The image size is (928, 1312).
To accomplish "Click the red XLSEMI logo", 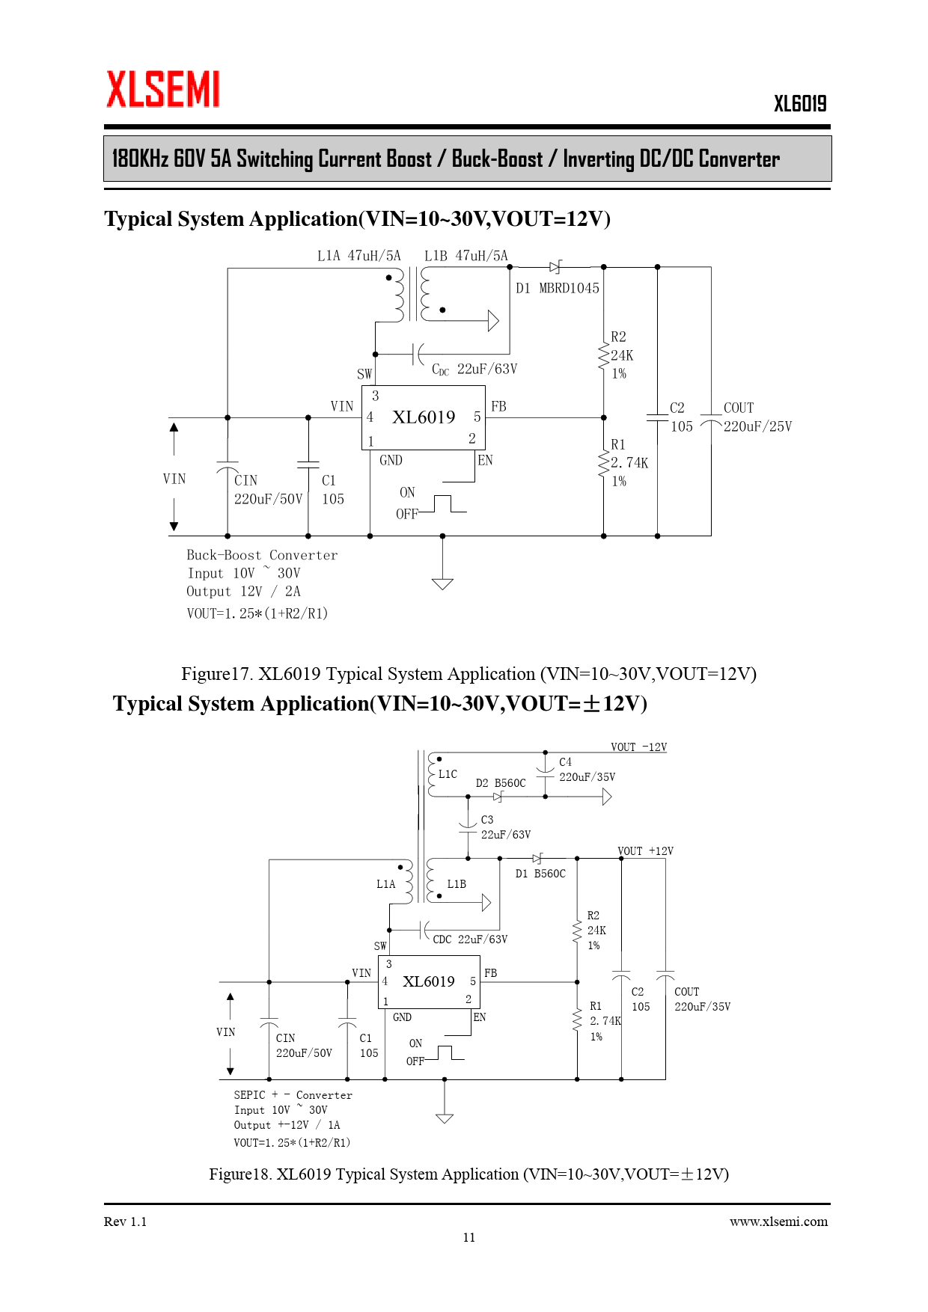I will (x=162, y=90).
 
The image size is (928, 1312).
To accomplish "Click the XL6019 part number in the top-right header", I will (x=800, y=104).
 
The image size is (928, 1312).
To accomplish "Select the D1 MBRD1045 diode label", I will (x=558, y=288).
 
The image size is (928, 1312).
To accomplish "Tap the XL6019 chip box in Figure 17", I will (x=424, y=417).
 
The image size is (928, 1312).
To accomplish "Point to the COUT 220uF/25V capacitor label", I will (x=757, y=417).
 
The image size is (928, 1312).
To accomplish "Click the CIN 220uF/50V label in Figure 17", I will (x=267, y=490).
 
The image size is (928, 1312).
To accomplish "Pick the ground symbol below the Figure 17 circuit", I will (x=442, y=583).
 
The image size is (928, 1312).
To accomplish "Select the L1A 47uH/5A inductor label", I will (x=358, y=256).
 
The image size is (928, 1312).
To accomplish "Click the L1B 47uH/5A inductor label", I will (x=465, y=256).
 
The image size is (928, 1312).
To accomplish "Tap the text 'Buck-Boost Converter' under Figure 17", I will (x=262, y=555).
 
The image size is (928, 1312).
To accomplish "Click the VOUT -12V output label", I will (x=638, y=747).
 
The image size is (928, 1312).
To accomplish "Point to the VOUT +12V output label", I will (x=645, y=851).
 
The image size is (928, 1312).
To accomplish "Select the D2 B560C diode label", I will (x=501, y=783).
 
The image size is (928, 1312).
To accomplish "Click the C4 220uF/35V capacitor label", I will (x=586, y=770).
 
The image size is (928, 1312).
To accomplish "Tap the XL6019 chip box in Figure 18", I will (x=429, y=981).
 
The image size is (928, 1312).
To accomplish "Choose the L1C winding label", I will (x=448, y=774).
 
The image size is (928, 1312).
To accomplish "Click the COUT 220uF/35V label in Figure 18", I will (x=702, y=999).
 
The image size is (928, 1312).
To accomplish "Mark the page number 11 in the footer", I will (x=469, y=1237).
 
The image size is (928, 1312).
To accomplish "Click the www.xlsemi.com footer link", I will (x=778, y=1221).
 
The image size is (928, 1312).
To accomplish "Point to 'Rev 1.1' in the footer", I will (x=125, y=1221).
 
